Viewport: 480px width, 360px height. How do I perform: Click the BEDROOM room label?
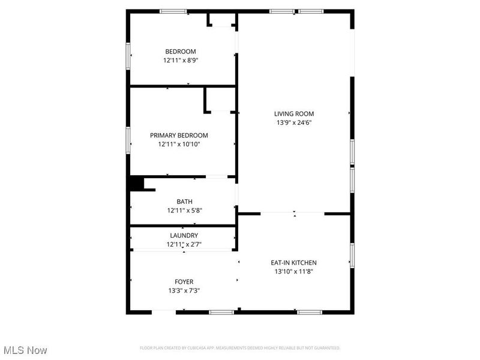[181, 52]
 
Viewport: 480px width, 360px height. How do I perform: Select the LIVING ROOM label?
[294, 113]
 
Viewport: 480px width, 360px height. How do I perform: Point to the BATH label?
[184, 202]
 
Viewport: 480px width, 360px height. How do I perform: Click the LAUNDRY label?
[184, 235]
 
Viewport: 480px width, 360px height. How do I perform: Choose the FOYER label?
[184, 281]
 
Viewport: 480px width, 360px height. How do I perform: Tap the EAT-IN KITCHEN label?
[294, 262]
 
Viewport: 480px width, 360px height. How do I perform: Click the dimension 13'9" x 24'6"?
[294, 122]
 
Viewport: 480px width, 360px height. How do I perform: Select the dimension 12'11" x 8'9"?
[181, 61]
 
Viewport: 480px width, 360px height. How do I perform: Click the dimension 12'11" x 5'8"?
[184, 211]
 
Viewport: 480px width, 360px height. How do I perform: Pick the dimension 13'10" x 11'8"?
[294, 271]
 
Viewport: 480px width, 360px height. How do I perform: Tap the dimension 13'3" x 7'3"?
[184, 290]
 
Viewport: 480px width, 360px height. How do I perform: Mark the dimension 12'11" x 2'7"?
[184, 244]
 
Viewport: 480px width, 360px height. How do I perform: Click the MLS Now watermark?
[25, 350]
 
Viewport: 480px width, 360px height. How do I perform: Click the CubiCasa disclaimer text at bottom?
[240, 348]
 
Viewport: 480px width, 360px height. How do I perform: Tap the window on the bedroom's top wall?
[173, 11]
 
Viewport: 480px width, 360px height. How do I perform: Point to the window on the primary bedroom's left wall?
[128, 140]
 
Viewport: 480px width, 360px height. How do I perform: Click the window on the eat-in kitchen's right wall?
[352, 255]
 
